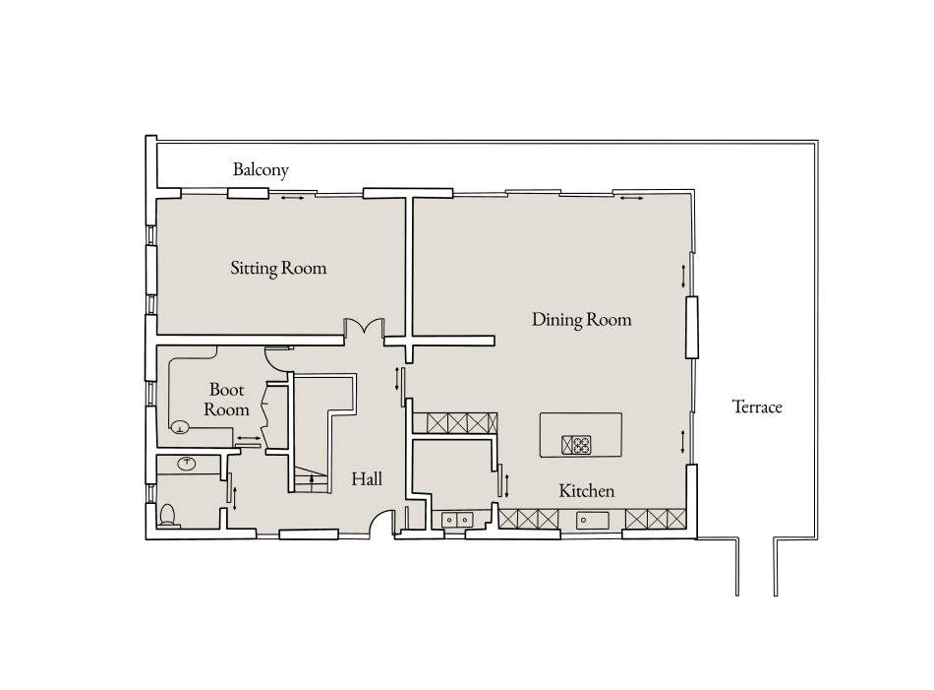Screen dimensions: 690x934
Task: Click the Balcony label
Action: tap(261, 170)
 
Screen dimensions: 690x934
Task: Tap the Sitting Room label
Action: tap(278, 268)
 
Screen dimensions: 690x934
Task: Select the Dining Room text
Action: tap(581, 320)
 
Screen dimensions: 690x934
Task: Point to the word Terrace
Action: tap(757, 406)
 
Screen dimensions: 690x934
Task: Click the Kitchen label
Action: tap(587, 490)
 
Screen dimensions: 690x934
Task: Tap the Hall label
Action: tap(367, 479)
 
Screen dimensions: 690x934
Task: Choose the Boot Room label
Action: tap(226, 398)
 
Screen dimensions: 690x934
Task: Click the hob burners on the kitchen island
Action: tap(576, 445)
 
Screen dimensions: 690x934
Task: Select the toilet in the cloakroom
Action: tap(168, 515)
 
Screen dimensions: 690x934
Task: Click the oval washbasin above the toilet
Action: tap(188, 463)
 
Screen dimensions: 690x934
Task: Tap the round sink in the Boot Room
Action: tap(181, 427)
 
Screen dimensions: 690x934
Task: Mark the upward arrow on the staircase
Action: tap(313, 481)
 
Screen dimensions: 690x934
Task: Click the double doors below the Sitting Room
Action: tap(363, 328)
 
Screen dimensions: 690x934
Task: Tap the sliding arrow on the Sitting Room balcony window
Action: tap(292, 199)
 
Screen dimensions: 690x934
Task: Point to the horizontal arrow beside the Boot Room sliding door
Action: tap(248, 437)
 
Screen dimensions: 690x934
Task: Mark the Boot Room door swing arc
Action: tap(279, 360)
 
